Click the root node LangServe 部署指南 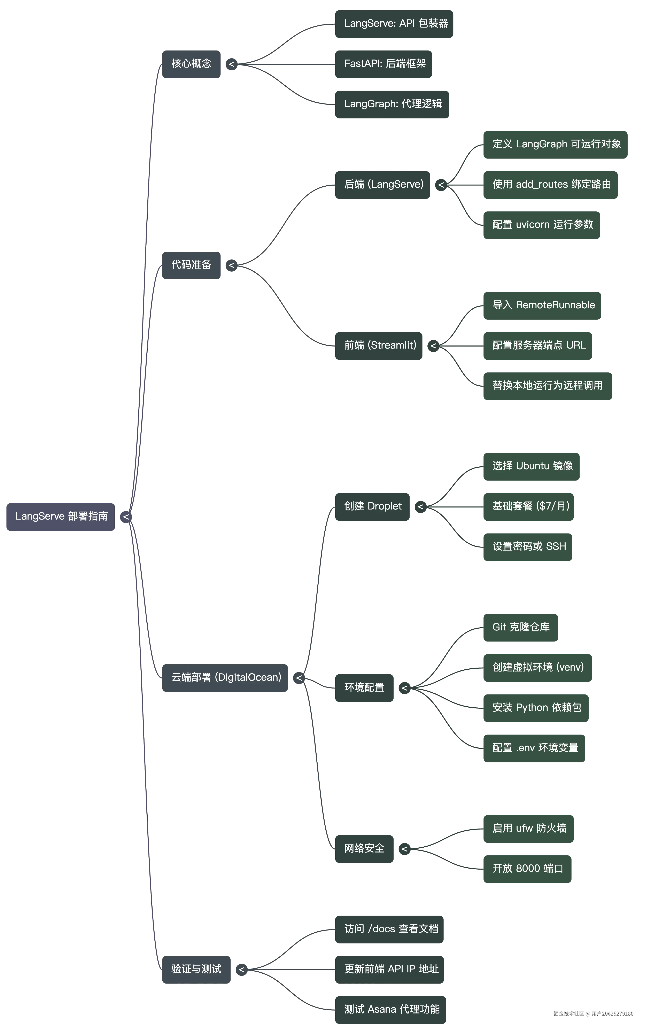[60, 516]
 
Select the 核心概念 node [191, 64]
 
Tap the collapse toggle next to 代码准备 [231, 265]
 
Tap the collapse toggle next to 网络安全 [404, 849]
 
